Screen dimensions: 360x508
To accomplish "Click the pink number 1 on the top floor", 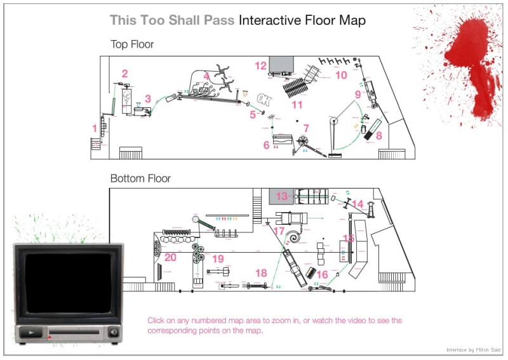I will point(95,128).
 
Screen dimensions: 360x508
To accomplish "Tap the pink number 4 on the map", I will point(206,76).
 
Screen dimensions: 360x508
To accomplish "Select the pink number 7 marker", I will point(306,128).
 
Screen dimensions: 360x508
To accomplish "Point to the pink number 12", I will point(261,65).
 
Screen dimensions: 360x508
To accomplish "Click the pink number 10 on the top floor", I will point(341,75).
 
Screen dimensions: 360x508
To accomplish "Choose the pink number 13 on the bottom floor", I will point(281,196).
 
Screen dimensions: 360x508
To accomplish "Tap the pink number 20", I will point(170,257).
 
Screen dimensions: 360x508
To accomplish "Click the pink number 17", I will point(279,231).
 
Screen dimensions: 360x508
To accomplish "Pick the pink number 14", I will point(358,204).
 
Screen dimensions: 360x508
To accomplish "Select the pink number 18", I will point(261,272).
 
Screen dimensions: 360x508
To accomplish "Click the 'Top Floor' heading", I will point(132,44).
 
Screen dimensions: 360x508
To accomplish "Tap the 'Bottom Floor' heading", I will point(140,178).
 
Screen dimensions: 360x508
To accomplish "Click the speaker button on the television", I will point(113,331).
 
